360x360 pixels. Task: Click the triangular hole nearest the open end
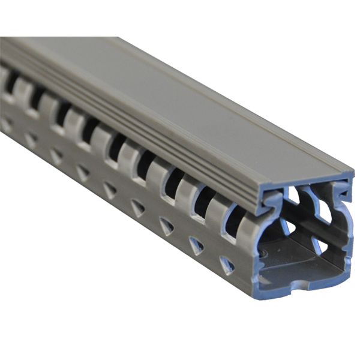[227, 265]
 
